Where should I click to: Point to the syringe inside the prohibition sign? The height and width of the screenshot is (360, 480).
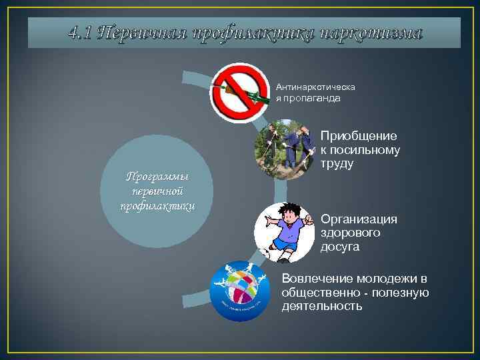[x=250, y=97]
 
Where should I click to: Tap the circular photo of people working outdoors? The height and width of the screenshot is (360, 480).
[x=285, y=150]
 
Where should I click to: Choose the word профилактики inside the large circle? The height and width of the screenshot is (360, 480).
[x=158, y=205]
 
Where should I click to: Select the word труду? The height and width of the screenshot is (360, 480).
[x=337, y=163]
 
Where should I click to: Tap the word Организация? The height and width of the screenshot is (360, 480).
[x=359, y=219]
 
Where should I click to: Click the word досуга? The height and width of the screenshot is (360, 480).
[x=340, y=247]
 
